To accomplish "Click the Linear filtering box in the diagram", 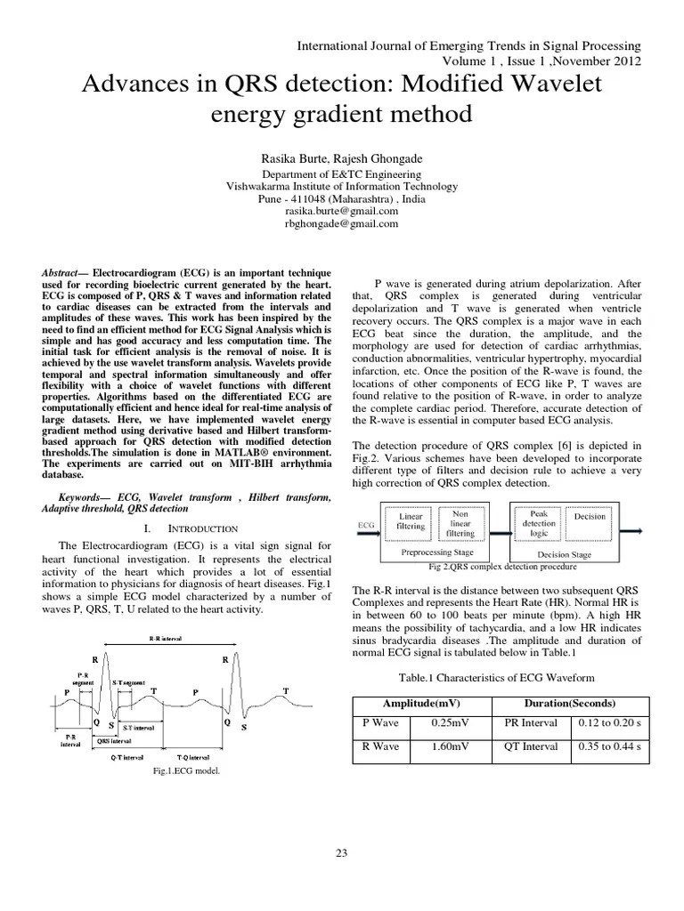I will (411, 521).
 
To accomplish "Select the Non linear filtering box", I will (460, 522).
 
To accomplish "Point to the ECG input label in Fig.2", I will (365, 525).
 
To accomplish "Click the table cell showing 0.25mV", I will (444, 722).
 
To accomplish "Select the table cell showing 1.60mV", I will (444, 746).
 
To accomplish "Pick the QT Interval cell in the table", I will (531, 746).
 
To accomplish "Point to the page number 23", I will (341, 853).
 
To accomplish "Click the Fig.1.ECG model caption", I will (186, 771).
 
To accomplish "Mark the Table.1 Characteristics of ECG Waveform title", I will (499, 676).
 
